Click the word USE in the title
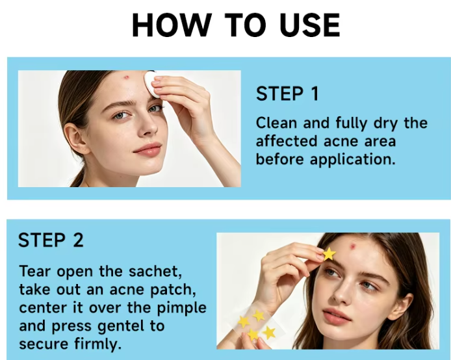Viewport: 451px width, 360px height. tap(309, 25)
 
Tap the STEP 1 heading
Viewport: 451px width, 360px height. tap(287, 94)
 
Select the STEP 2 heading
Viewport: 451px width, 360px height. tap(51, 240)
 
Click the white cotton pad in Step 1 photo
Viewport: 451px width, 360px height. tap(152, 84)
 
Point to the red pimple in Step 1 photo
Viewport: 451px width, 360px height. tap(126, 77)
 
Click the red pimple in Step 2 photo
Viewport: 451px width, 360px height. tap(353, 246)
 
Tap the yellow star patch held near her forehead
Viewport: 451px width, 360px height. tap(329, 254)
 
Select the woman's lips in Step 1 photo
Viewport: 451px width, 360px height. tap(148, 149)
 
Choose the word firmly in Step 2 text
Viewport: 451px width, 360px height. tap(97, 344)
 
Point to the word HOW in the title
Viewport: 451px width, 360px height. tap(170, 25)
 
